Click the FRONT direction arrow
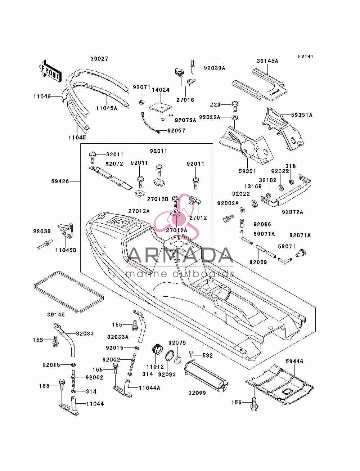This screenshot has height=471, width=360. [50, 71]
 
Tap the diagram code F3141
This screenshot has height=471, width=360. [306, 56]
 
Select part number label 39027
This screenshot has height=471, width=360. [99, 59]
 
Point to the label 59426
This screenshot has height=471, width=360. [60, 181]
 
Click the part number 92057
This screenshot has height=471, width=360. [176, 130]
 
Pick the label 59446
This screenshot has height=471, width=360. [294, 362]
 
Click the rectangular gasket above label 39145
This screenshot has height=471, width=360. [69, 292]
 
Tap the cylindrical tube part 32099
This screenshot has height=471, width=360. [206, 374]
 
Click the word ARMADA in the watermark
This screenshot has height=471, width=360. [180, 255]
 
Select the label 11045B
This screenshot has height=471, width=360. [66, 250]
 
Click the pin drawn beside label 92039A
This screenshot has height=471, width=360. [193, 67]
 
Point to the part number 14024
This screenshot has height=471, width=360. [161, 90]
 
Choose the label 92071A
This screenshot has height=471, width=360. [300, 235]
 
